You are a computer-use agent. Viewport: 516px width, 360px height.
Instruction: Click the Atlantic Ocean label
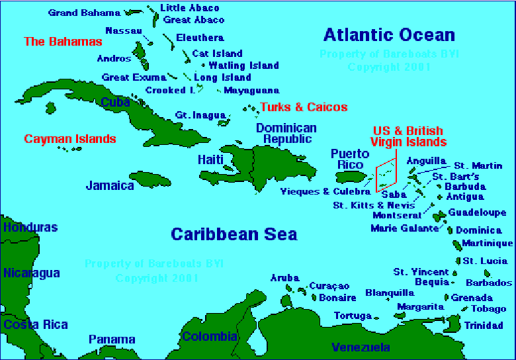(x=389, y=35)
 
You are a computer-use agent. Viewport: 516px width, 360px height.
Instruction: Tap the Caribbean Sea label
(x=234, y=234)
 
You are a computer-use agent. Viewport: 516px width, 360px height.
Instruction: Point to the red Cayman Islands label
(x=70, y=139)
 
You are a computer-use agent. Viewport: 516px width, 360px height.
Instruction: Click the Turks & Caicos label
(x=304, y=107)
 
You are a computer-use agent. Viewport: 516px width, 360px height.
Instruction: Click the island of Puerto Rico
(x=351, y=177)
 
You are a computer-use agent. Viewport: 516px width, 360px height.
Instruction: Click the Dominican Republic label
(x=286, y=133)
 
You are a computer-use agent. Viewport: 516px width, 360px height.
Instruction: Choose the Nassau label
(x=124, y=30)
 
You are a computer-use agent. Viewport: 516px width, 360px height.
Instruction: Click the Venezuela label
(x=361, y=347)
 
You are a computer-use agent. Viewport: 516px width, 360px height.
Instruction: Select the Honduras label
(x=30, y=228)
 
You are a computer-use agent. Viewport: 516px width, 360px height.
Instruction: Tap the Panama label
(x=112, y=339)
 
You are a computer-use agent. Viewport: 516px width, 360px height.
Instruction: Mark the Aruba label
(x=284, y=278)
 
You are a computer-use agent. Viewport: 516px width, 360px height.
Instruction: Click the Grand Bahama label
(x=85, y=13)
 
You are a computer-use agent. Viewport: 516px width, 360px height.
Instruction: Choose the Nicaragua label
(x=31, y=273)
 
